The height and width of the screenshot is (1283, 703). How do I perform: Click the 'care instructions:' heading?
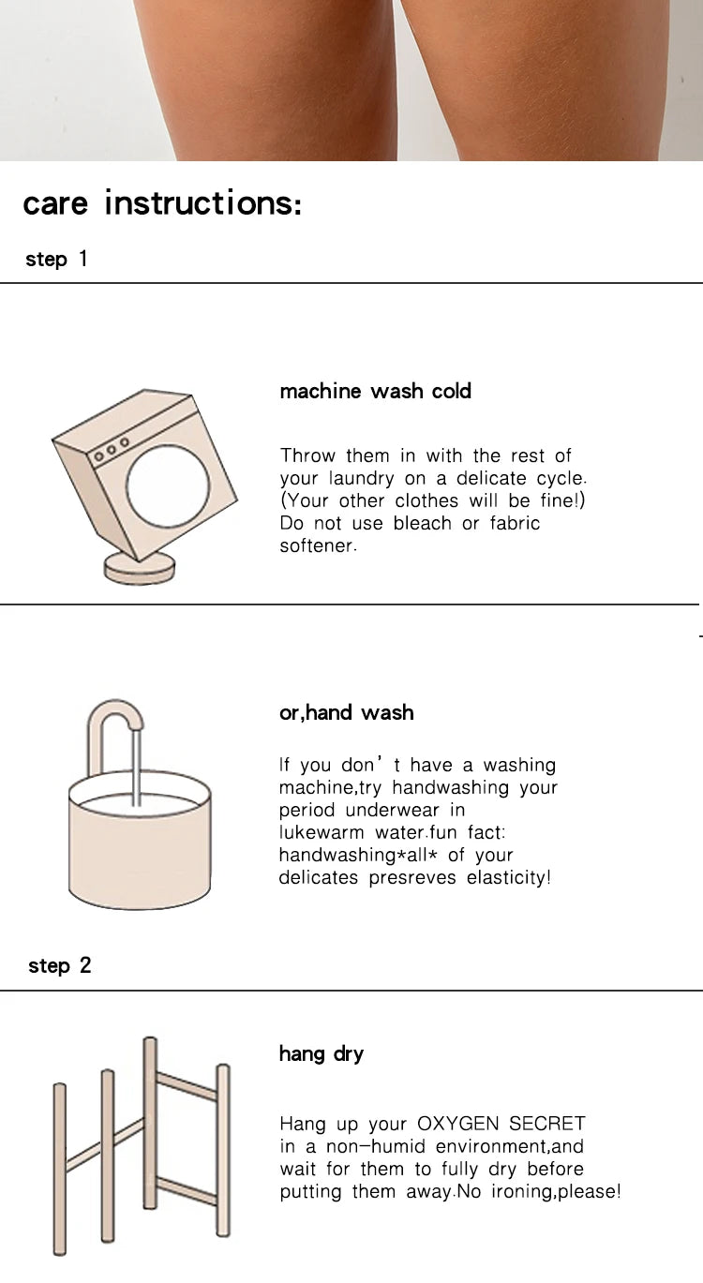[x=162, y=202]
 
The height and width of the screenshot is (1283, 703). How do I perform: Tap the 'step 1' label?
[x=56, y=260]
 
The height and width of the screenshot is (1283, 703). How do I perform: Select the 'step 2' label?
[x=60, y=965]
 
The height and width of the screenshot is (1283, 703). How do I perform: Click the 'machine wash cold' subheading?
[x=375, y=391]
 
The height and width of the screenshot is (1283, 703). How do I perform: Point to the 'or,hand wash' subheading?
[x=347, y=712]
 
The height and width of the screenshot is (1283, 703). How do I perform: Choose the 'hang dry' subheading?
[x=322, y=1054]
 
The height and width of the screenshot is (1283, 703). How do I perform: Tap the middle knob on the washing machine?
[x=112, y=450]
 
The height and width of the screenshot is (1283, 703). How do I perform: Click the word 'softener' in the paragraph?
[x=318, y=545]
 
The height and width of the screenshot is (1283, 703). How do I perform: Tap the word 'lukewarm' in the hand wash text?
[x=322, y=832]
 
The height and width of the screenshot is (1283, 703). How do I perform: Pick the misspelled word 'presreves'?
[x=412, y=877]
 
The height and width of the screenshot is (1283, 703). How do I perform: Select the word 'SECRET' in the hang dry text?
[x=547, y=1123]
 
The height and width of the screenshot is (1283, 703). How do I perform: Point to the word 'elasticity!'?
[x=509, y=877]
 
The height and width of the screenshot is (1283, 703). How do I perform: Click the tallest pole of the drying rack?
[x=150, y=1123]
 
